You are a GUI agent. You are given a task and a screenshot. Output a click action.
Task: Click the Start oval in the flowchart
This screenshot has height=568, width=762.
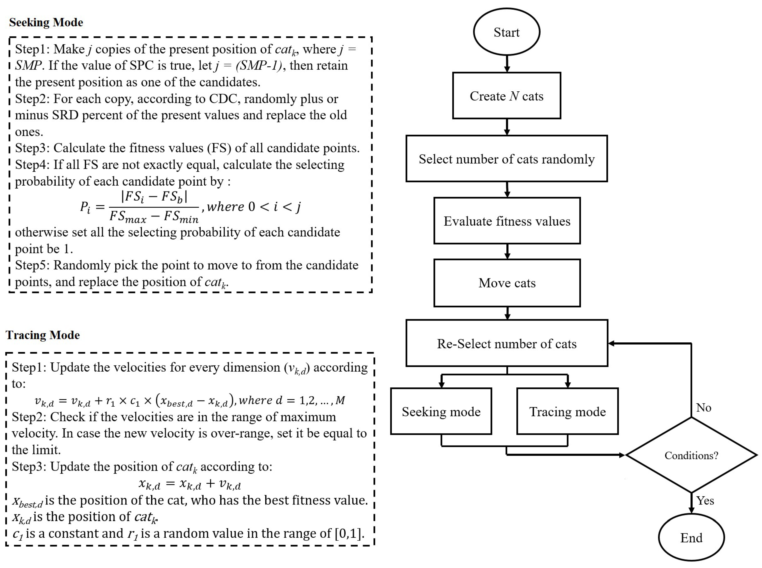(506, 32)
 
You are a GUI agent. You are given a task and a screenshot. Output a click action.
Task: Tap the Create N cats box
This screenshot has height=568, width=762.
(506, 96)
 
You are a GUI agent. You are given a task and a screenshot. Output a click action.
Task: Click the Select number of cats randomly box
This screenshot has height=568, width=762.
(506, 159)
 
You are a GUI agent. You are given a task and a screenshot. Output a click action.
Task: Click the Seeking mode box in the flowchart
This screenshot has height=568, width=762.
(441, 412)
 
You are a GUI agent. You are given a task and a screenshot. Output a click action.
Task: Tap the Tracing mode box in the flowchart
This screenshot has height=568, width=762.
(567, 412)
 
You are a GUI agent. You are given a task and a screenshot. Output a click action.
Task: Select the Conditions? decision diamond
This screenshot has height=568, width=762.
(691, 455)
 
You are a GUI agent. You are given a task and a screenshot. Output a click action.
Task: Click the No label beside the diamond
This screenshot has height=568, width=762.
(704, 408)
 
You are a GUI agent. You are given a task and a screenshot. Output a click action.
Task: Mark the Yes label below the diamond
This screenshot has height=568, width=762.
(705, 501)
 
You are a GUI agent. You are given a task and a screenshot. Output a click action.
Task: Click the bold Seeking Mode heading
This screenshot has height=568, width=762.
(46, 22)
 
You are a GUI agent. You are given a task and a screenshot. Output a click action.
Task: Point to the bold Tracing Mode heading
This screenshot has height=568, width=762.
(43, 335)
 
